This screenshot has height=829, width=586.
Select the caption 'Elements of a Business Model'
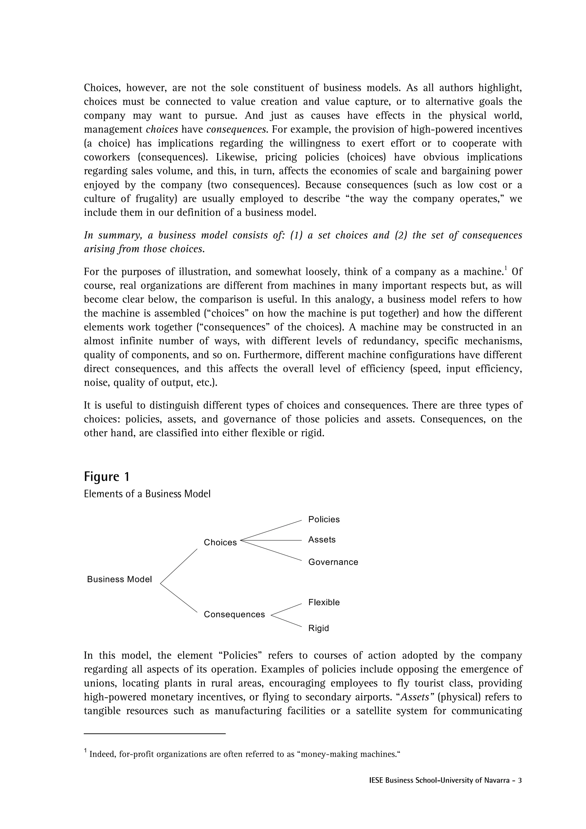tap(147, 494)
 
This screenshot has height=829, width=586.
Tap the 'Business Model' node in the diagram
tap(120, 579)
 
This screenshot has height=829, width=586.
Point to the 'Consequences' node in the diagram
tap(234, 614)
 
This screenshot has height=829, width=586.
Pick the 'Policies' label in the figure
tap(324, 519)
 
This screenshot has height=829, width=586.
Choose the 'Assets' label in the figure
tap(322, 540)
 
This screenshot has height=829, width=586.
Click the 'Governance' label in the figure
tap(333, 562)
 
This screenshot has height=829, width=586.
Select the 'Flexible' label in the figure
tap(324, 602)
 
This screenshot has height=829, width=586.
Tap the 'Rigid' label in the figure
tap(318, 628)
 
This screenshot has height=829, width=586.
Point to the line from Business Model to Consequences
tap(179, 598)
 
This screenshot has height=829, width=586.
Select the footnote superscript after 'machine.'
tap(506, 268)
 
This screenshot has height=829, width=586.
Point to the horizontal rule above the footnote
tap(155, 734)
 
